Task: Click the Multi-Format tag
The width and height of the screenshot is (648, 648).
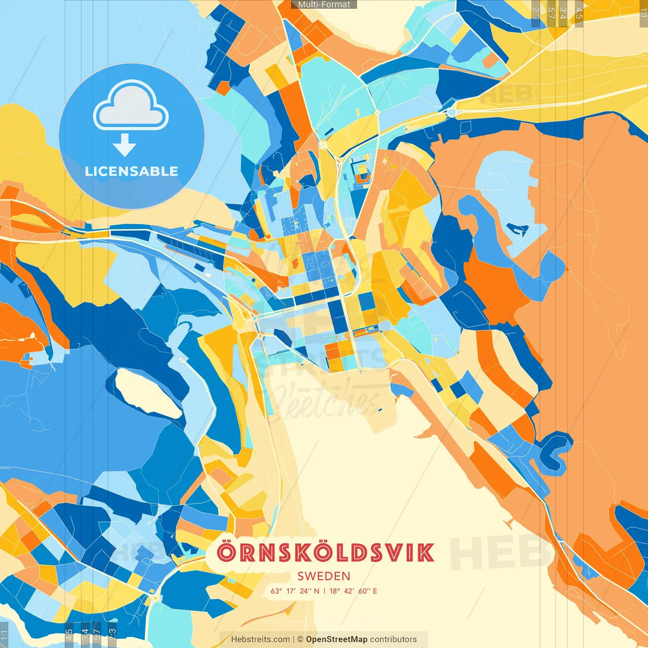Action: coord(324,5)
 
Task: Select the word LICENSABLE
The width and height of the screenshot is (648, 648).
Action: coord(132,171)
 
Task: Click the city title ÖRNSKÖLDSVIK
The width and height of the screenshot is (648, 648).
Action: coord(326,553)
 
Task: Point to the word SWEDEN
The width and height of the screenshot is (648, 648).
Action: coord(324,576)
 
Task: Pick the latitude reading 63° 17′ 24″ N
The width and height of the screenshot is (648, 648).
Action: coord(295,591)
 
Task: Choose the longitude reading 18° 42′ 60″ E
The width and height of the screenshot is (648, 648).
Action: coord(353,591)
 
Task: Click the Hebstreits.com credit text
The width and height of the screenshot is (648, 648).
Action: coord(261,639)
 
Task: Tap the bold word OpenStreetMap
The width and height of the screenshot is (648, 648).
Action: coord(337,639)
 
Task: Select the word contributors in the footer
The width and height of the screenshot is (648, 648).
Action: coord(393,639)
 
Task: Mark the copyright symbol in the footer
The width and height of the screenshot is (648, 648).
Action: coord(300,639)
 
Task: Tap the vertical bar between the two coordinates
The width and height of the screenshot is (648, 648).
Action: coord(325,591)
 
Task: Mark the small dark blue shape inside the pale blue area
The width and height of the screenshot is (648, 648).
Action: coord(518,230)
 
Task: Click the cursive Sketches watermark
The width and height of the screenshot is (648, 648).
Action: coord(324,400)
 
